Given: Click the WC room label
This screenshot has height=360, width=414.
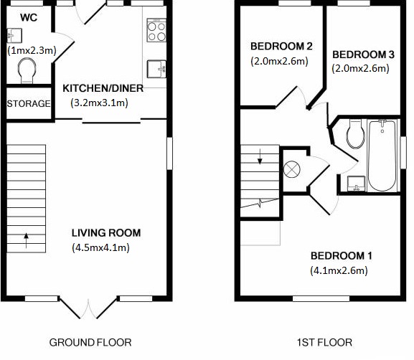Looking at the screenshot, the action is [x=29, y=18].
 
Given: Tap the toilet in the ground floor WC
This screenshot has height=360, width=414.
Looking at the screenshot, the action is [x=27, y=70].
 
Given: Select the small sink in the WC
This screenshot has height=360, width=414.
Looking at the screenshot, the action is [x=14, y=35].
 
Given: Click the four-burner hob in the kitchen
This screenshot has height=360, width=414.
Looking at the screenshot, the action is [x=156, y=30].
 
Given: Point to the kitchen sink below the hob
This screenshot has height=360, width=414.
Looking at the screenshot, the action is [x=156, y=69].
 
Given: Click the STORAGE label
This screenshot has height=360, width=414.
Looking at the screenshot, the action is [x=29, y=104].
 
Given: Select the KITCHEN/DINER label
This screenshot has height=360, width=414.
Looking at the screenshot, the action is [x=103, y=88].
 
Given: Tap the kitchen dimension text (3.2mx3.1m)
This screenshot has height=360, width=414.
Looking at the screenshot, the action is [x=99, y=103].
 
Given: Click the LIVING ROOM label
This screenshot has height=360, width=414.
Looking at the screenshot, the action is [x=106, y=233].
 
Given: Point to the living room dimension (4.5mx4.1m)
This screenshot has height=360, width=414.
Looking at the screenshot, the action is [x=101, y=247].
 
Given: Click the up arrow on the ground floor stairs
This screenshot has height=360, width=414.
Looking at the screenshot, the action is [x=26, y=240].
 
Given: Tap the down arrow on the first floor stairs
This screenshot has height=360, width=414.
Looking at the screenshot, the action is [x=260, y=156].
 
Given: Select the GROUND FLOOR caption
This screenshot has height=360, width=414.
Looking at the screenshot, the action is [x=90, y=343].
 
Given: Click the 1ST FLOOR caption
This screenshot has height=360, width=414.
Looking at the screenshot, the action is [x=324, y=343].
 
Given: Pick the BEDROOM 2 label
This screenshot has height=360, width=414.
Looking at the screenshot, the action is [x=281, y=46].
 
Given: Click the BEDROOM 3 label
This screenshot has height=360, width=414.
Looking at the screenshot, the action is [x=363, y=55].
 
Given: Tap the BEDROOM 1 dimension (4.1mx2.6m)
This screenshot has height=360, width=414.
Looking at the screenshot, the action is [x=339, y=270].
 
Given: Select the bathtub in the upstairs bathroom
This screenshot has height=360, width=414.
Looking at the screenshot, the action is [x=382, y=156].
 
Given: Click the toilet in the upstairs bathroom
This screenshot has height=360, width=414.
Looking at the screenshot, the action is [x=356, y=134].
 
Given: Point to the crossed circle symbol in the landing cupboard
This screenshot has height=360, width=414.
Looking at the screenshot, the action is [x=292, y=169].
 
